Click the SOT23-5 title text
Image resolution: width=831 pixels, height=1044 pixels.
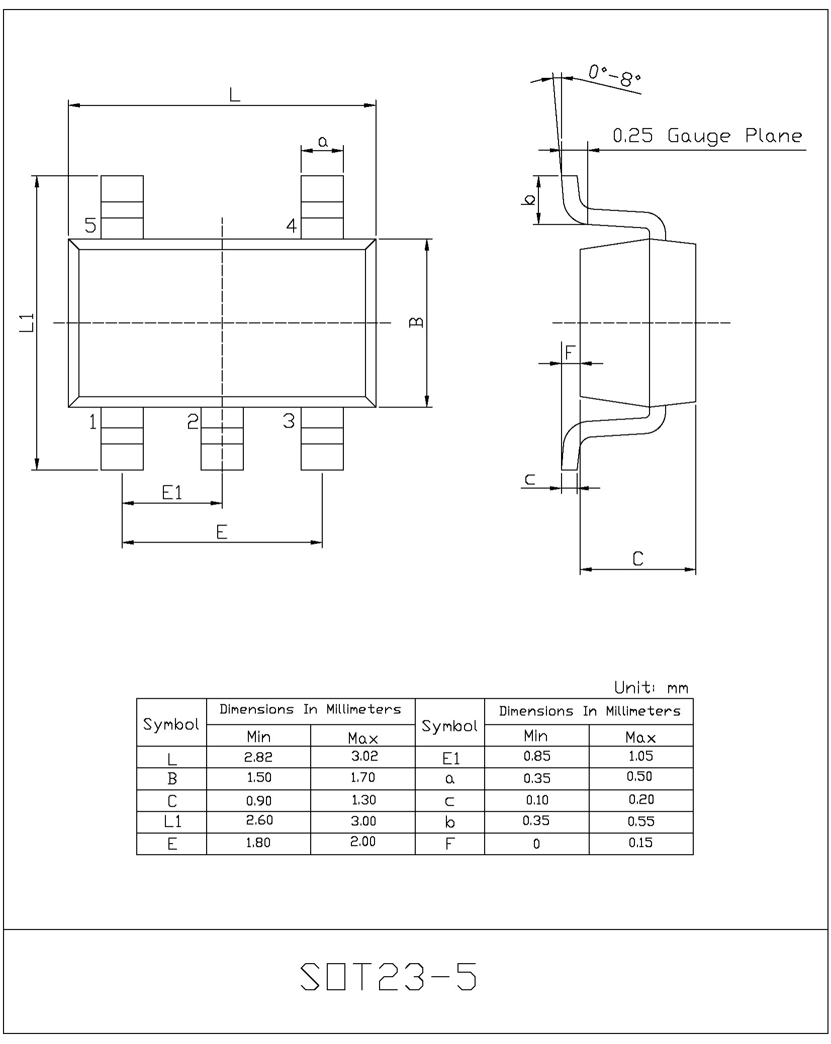point(388,977)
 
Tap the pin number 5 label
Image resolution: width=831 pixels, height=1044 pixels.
point(90,225)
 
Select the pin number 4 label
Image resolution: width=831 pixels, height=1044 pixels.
point(292,226)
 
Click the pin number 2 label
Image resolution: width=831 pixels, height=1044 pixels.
point(193,421)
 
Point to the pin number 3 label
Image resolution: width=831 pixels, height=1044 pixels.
point(289,421)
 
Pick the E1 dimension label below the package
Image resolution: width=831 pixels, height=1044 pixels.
point(172,492)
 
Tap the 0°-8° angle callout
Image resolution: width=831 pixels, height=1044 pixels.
point(615,75)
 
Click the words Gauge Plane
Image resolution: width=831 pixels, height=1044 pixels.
point(734,136)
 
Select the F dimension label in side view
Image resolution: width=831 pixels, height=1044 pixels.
point(570,352)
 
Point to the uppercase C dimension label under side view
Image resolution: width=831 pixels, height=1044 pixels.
point(638,559)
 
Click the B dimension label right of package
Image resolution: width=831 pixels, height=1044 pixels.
point(417,322)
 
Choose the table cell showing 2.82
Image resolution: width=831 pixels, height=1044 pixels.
point(258,757)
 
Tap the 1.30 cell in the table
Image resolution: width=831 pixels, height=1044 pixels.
point(363,799)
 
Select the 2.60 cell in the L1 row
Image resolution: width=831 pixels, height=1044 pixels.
point(258,820)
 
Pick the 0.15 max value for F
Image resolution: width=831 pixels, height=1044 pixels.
point(640,843)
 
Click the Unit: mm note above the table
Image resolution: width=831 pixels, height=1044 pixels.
point(651,687)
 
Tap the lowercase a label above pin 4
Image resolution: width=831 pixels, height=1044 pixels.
point(323,142)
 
